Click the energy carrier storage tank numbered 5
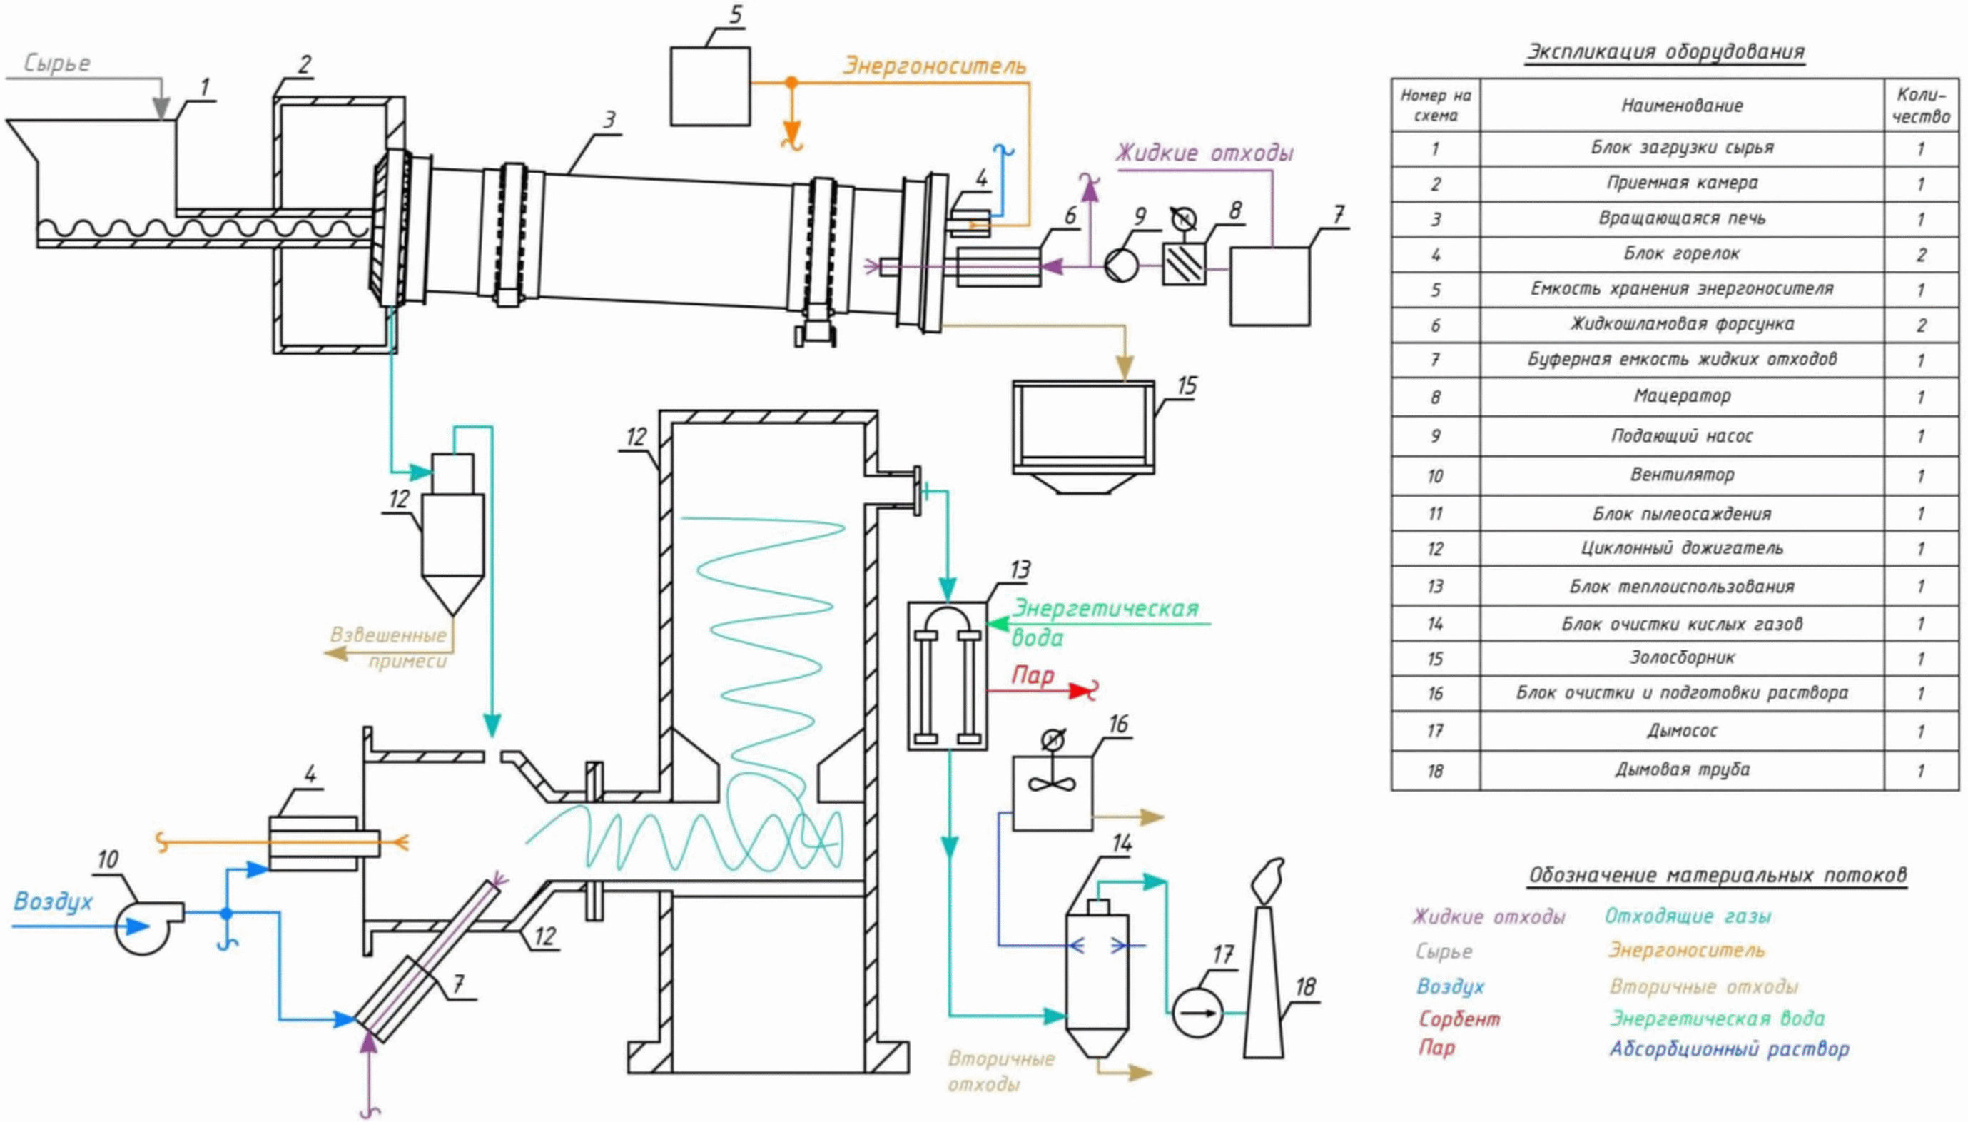tap(709, 86)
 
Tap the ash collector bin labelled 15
tap(1083, 436)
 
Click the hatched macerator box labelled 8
tap(1184, 264)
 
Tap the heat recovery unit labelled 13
tap(947, 676)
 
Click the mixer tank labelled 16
tap(1051, 793)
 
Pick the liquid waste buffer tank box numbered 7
tap(1269, 286)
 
